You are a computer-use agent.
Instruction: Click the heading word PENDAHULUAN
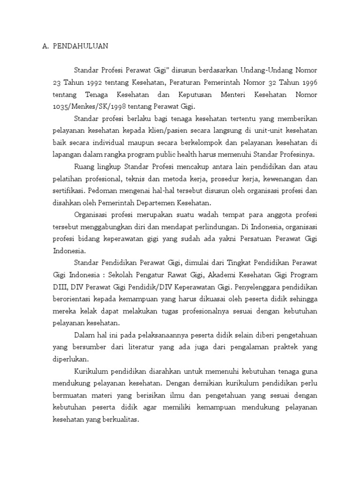pyautogui.click(x=81, y=46)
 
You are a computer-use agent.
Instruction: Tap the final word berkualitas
pyautogui.click(x=119, y=420)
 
